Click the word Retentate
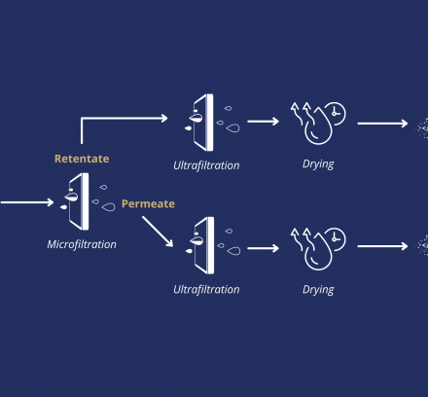(x=82, y=159)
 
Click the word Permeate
(x=148, y=203)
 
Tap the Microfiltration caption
(x=82, y=244)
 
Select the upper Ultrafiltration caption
(x=206, y=165)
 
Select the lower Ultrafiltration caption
(x=206, y=289)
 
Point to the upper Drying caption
(x=318, y=163)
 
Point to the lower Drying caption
(x=318, y=290)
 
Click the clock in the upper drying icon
(x=336, y=113)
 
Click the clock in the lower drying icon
(x=336, y=238)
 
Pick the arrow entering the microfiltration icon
(x=27, y=202)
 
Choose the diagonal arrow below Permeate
(x=158, y=232)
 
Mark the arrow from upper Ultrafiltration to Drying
(x=263, y=122)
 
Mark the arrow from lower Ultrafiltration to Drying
(x=263, y=248)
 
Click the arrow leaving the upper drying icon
(x=382, y=124)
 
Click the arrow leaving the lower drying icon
(x=382, y=246)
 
